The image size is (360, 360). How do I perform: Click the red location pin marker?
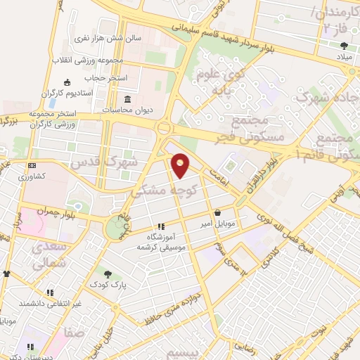pos(181,165)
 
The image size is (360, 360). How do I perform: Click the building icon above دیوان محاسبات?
pos(127,98)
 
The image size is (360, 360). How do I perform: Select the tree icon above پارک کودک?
pos(106,275)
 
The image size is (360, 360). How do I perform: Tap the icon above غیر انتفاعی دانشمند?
pos(50,292)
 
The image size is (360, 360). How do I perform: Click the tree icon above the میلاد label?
pos(342,44)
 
